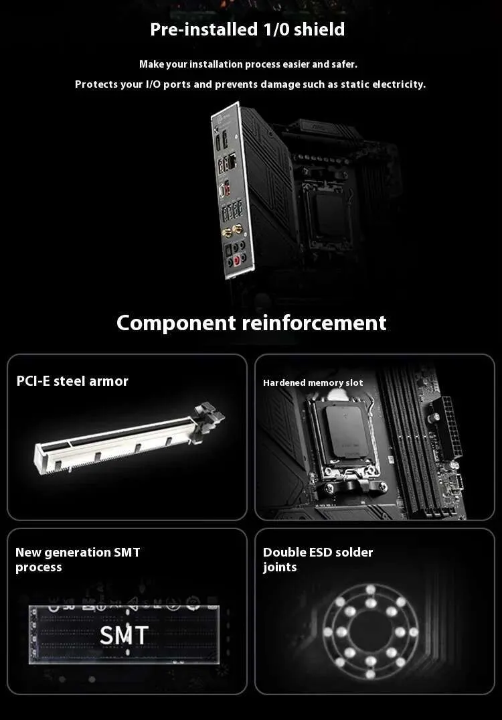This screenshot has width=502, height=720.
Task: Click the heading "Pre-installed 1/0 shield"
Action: (248, 29)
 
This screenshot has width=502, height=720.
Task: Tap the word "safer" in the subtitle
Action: (344, 64)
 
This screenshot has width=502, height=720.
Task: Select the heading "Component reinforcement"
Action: (252, 323)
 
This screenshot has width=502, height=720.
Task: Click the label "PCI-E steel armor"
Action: (72, 381)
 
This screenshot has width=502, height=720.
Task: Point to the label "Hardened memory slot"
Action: (313, 382)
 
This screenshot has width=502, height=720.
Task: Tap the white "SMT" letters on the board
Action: (124, 636)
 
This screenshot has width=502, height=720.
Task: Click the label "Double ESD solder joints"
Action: (318, 559)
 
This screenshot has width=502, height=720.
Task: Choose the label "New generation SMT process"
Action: (78, 559)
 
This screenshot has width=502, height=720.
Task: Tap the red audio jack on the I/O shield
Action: (237, 261)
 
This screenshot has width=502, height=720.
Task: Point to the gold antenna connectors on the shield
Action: (232, 230)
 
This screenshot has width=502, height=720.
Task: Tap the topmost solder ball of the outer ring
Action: (371, 589)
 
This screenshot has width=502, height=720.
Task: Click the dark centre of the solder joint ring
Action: (371, 632)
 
